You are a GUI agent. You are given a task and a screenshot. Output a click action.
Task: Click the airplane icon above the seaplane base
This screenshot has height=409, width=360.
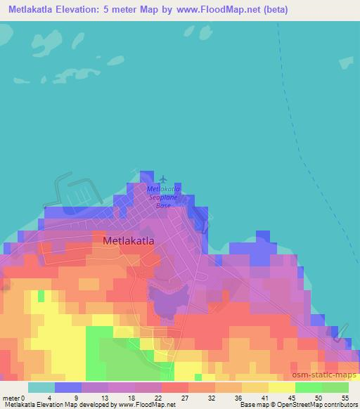164,180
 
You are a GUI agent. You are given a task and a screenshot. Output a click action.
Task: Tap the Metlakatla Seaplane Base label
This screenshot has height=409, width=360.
163,197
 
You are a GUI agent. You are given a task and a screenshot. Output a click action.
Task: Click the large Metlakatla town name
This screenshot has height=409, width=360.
129,240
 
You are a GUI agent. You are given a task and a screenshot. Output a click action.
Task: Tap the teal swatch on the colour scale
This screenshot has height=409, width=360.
41,387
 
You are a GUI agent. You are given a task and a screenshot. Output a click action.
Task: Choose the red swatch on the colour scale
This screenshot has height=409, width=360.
175,387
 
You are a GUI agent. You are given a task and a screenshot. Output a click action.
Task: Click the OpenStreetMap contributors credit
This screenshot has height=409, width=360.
308,404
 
